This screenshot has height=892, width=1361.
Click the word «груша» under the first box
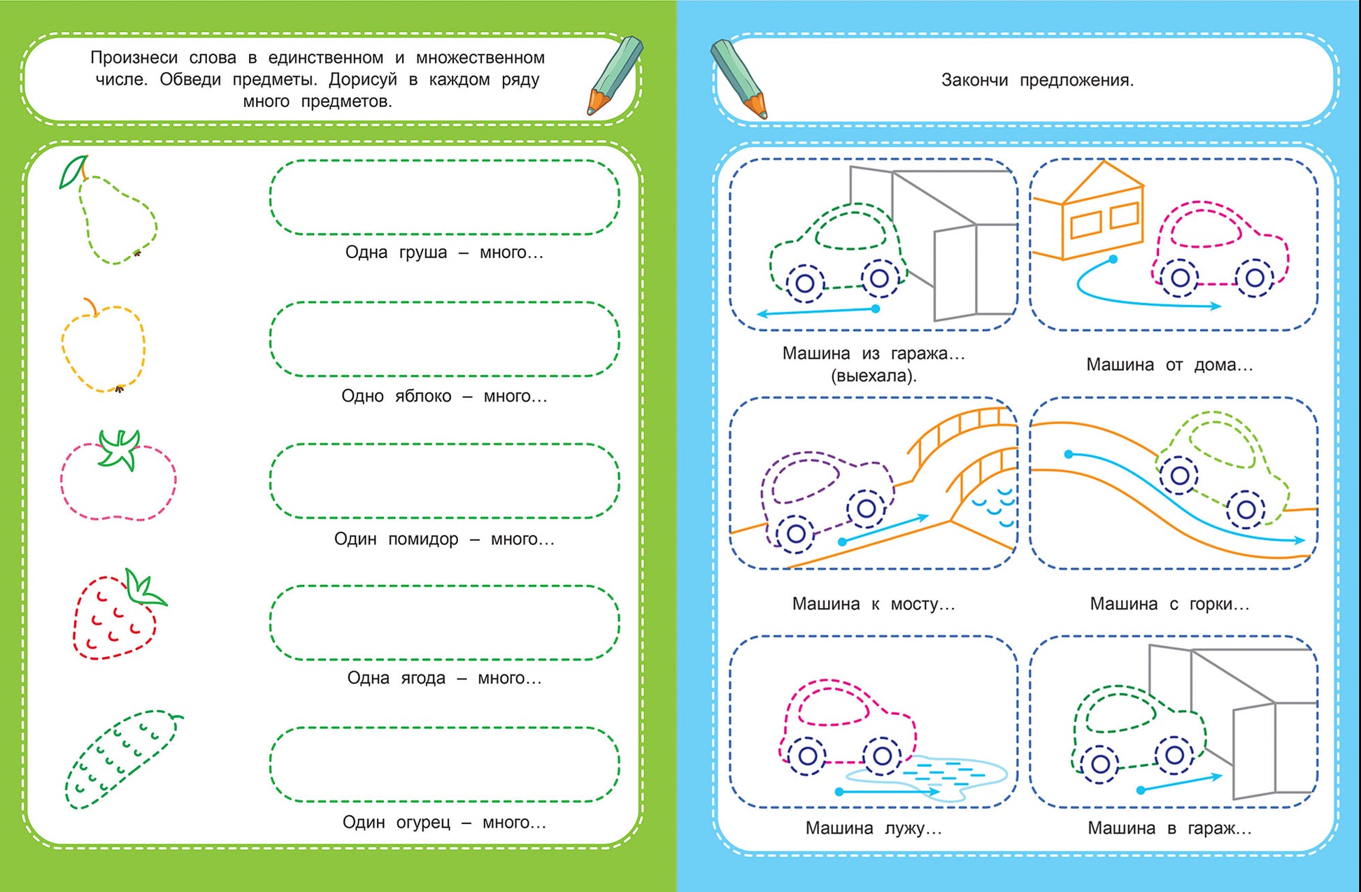tap(423, 253)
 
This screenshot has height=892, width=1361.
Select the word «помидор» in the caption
tap(423, 539)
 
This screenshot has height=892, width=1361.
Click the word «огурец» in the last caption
tap(423, 822)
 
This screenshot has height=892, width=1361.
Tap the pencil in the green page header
tap(614, 75)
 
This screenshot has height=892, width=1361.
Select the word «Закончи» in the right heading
tap(974, 80)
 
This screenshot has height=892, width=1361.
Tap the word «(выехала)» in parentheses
tap(874, 376)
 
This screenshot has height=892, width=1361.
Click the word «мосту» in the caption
tap(922, 604)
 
